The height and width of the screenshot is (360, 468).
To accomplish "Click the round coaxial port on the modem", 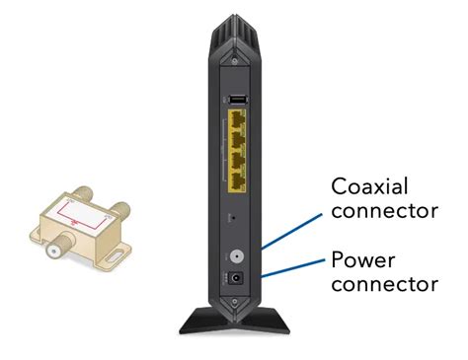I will [x=236, y=254].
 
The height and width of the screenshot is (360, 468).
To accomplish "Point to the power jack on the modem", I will [x=236, y=278].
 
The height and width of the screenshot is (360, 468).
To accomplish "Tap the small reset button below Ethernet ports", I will [x=229, y=214].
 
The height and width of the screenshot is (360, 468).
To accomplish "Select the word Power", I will [x=362, y=261].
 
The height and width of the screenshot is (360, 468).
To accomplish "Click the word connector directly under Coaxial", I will [x=383, y=211].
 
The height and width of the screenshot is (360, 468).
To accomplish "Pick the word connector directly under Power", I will [x=383, y=285].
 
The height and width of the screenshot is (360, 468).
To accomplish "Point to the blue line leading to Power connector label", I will [x=292, y=267].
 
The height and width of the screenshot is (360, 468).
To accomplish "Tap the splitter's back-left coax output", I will [x=61, y=201].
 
